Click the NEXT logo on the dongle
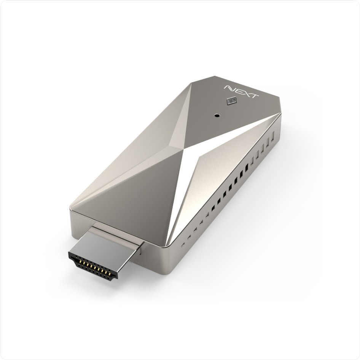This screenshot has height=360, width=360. pyautogui.click(x=241, y=92)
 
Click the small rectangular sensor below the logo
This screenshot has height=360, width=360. pyautogui.click(x=231, y=101)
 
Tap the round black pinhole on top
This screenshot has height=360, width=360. pyautogui.click(x=217, y=115)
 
